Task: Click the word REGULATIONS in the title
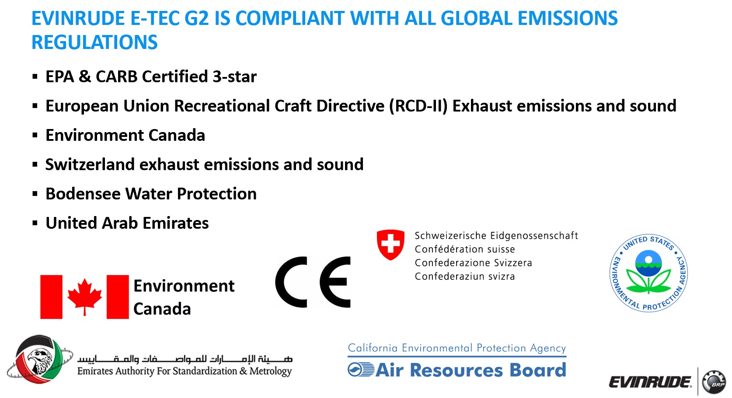click(94, 42)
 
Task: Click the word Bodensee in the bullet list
click(83, 194)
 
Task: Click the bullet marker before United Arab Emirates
click(35, 223)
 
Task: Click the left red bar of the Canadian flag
click(51, 297)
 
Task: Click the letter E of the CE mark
click(335, 282)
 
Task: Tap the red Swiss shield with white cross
click(390, 244)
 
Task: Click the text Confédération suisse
click(465, 249)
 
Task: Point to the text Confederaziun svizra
click(465, 276)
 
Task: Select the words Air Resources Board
click(471, 370)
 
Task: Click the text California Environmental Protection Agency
click(457, 348)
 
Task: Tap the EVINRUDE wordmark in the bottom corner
click(650, 382)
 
